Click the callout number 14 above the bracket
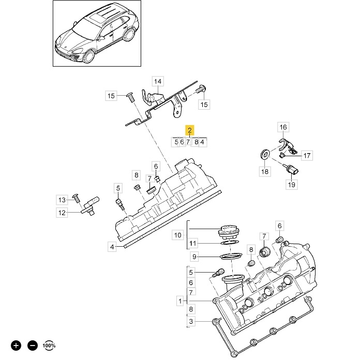[x=158, y=81]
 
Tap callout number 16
[x=283, y=127]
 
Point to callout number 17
[x=307, y=155]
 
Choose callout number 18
[x=265, y=171]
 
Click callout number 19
[x=291, y=184]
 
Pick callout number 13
[x=62, y=200]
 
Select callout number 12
[x=62, y=212]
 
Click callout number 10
[x=178, y=235]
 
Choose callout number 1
[x=180, y=301]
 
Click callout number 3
[x=191, y=322]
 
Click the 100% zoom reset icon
[x=49, y=345]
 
